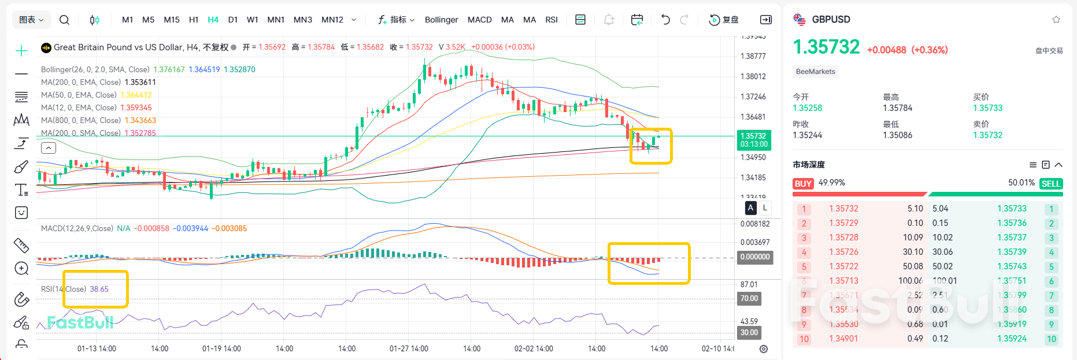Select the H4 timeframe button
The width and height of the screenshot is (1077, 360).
coord(213,20)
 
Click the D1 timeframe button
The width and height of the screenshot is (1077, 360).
coord(233,20)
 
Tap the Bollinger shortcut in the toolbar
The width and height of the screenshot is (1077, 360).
coord(441,20)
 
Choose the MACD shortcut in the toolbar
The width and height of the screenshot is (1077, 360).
coord(479,20)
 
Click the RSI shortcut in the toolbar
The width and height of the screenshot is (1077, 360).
coord(552,20)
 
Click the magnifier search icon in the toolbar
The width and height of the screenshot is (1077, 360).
coord(64,20)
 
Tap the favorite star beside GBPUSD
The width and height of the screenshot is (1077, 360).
coord(1056,20)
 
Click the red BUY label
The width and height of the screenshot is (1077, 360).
coord(803,184)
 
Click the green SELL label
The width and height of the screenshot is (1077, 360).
coord(1050,184)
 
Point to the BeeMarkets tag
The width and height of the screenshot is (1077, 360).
coord(815,72)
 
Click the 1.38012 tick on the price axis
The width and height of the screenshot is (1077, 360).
coord(753,76)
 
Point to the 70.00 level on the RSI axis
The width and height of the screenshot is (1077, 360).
coord(749,299)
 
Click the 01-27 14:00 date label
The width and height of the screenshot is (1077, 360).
coord(409,348)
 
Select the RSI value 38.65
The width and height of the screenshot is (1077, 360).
coord(99,289)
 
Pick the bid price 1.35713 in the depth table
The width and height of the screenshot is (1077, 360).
coord(843,281)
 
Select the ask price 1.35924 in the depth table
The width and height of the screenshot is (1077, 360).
coord(1012,339)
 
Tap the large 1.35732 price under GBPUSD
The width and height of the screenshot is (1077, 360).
coord(826,47)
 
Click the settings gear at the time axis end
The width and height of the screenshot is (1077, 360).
coord(764,349)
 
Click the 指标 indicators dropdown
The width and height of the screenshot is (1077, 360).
coord(397,20)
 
